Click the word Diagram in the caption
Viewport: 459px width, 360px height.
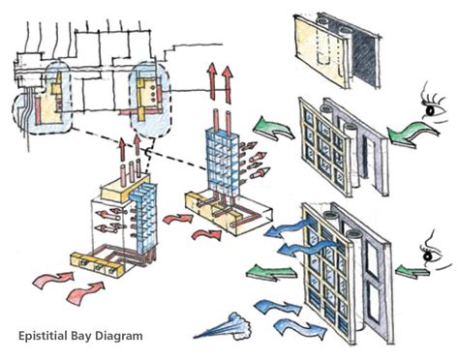119,336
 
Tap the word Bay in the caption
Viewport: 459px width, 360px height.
86,336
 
